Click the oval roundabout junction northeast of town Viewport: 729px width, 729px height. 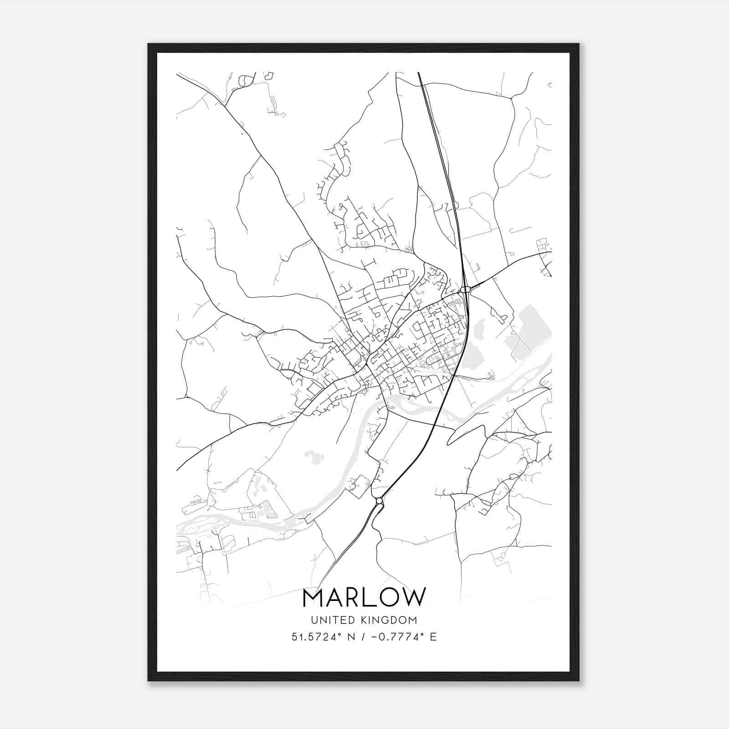point(465,289)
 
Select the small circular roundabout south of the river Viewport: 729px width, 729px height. point(379,501)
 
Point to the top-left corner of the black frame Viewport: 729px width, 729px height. point(149,44)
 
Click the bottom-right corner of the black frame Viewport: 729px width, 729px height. point(579,681)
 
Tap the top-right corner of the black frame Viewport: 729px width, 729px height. point(579,44)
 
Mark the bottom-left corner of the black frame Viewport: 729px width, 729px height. point(149,681)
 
